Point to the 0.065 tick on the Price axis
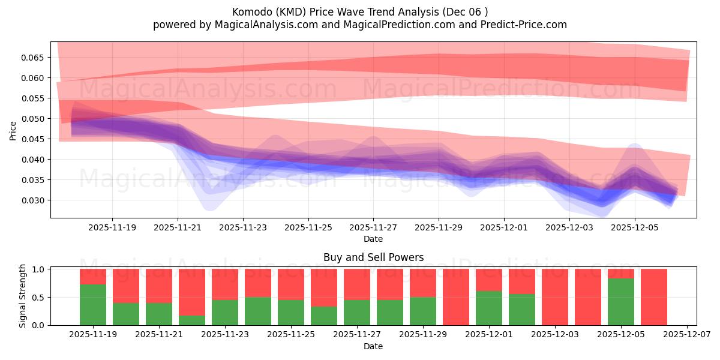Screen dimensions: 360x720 [33, 58]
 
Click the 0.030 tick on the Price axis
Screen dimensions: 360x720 [33, 200]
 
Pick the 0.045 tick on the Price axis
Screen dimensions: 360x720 [33, 139]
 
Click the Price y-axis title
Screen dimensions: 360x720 [13, 130]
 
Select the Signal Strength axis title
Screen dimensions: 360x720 [23, 296]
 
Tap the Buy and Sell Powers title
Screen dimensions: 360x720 [373, 257]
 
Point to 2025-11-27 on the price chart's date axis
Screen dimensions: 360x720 [373, 228]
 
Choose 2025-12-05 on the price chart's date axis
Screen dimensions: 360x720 [635, 228]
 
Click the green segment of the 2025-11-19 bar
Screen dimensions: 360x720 [93, 305]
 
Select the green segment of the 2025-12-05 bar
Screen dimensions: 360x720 [621, 302]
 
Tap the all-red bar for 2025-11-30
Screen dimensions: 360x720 [456, 297]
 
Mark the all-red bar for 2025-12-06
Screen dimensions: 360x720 [654, 297]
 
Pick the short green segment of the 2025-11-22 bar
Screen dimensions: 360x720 [192, 320]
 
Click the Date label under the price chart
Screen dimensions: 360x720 [373, 239]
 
